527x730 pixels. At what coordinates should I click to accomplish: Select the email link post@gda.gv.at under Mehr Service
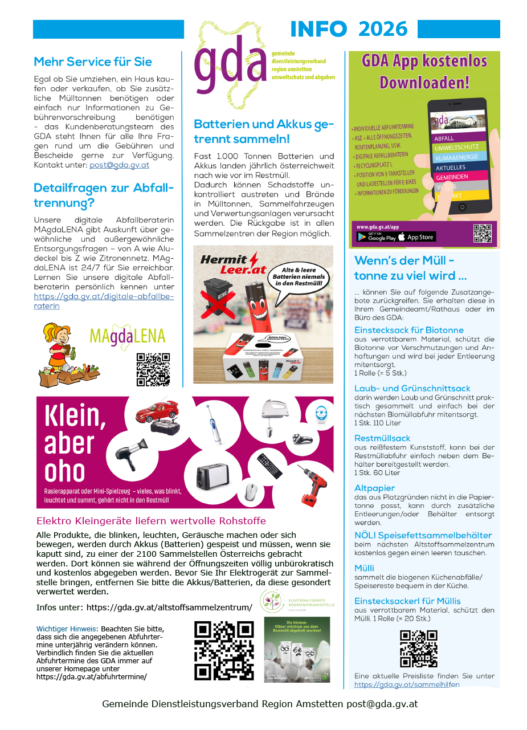coord(119,165)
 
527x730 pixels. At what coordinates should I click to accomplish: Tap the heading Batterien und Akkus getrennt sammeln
coord(263,131)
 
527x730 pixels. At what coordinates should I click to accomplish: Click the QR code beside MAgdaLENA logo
coord(153,369)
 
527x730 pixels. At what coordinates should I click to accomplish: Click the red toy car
coord(157,411)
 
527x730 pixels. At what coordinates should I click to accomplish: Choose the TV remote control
coord(269,466)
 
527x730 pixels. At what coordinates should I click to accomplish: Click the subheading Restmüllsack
coord(382,438)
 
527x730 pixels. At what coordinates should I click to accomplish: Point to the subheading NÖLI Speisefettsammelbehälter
coord(423,535)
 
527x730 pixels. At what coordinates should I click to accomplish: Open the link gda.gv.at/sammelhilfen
coord(407,684)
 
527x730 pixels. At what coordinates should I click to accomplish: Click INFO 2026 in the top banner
coord(349,29)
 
